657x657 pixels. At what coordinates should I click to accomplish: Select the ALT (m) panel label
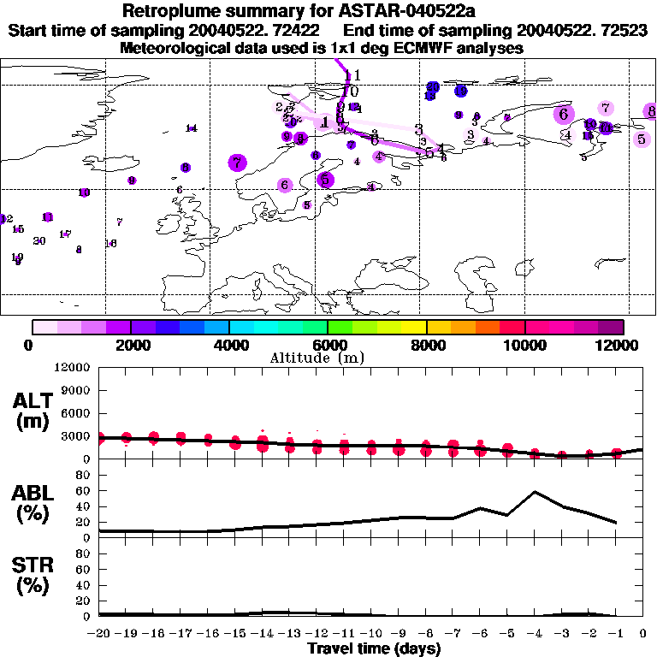[34, 411]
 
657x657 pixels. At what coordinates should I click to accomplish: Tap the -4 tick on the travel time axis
[535, 633]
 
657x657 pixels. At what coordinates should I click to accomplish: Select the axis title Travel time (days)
[374, 648]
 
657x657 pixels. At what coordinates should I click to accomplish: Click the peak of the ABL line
[535, 492]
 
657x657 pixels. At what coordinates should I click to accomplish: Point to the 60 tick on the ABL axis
[84, 491]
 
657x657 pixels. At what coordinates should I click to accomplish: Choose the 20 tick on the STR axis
[84, 601]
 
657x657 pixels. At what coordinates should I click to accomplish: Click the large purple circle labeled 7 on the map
[237, 163]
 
